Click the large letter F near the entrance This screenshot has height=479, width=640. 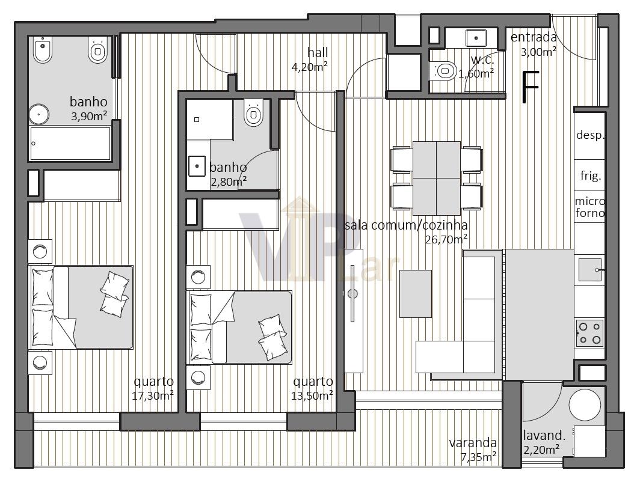[531, 87]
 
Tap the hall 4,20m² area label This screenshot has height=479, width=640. [310, 59]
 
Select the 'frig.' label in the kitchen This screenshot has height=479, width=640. [590, 175]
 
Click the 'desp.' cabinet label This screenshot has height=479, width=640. [590, 135]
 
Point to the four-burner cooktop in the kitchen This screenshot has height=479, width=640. [589, 333]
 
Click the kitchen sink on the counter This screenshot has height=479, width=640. [590, 270]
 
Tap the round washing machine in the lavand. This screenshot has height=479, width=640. [585, 405]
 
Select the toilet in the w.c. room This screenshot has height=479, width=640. [443, 71]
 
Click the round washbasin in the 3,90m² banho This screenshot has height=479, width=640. [38, 114]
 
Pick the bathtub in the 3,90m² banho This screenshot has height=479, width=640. [70, 143]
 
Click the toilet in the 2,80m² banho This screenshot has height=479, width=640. [253, 112]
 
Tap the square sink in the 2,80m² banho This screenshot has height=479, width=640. [197, 166]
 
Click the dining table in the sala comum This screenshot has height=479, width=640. [436, 178]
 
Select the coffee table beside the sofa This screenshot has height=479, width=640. [416, 293]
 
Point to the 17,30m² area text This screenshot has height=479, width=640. [153, 395]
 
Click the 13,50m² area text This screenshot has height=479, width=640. [312, 395]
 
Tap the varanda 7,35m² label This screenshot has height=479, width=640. [473, 449]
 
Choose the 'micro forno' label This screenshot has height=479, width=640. [590, 207]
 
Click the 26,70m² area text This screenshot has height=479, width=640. [446, 239]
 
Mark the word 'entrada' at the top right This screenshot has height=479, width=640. [534, 37]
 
